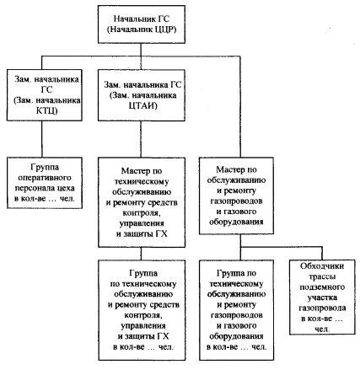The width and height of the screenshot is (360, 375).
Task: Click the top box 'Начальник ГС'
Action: coord(142,24)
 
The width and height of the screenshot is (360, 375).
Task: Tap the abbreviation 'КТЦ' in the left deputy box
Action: coord(46,110)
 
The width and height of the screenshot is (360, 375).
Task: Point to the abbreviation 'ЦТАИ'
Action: coord(142,106)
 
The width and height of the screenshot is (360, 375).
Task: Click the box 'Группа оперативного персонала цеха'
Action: coord(45,183)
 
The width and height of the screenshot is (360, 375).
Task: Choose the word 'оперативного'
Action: coord(45,178)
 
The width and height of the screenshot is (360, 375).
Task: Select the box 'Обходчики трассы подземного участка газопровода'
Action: coord(322,297)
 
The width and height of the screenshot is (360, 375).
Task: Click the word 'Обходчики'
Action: coord(322,266)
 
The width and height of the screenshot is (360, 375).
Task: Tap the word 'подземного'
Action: coord(322,287)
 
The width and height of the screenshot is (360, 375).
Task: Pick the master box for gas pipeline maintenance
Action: coord(236,196)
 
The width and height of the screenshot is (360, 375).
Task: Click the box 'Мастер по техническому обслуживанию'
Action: coord(142,202)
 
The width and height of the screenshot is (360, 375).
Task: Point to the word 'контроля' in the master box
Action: coord(142,213)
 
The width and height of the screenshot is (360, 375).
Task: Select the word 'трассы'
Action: coord(322,276)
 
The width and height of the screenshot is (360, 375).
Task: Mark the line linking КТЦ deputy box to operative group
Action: coord(42,139)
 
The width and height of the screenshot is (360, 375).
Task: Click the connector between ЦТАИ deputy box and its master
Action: coord(141,139)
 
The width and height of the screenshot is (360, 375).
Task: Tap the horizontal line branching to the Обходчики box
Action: coord(282,248)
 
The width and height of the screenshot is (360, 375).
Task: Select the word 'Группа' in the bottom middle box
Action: coord(143,273)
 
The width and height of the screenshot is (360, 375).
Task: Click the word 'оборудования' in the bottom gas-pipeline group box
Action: coord(236,336)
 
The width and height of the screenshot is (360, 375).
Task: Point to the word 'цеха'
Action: coord(66,188)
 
